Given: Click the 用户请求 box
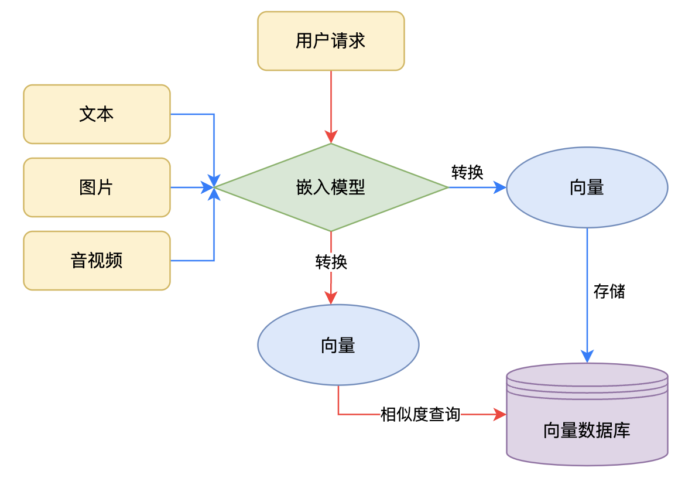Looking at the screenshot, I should [331, 41].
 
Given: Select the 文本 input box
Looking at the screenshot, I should [97, 114].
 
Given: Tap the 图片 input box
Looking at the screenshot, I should [97, 187].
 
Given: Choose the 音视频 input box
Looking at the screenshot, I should [97, 261].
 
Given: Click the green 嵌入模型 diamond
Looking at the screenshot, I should [331, 187].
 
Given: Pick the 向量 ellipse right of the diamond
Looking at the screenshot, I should [587, 187].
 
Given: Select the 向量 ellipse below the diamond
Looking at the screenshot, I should [338, 345].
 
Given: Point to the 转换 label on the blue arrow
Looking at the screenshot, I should [467, 172].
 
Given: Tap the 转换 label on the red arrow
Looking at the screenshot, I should [331, 262].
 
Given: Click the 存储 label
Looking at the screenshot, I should [609, 291].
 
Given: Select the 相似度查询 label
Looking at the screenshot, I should [420, 415].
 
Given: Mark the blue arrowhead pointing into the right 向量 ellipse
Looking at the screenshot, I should [500, 187].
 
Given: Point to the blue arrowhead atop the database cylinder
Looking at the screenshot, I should [587, 356].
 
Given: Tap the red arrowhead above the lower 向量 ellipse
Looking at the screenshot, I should [331, 298].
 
